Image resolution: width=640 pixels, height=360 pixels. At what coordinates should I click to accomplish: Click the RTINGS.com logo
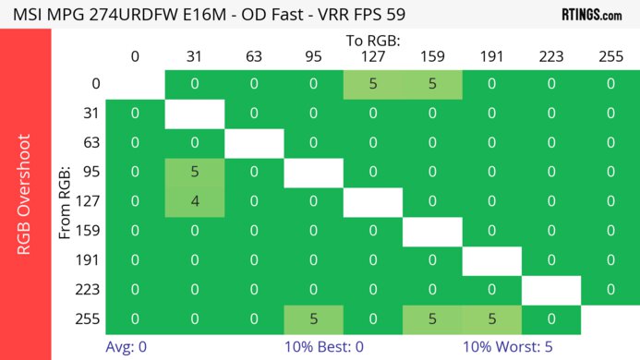click(591, 15)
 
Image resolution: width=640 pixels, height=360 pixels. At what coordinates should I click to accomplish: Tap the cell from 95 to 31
click(194, 173)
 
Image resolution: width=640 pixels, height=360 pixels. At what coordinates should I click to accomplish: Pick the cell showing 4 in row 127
click(194, 202)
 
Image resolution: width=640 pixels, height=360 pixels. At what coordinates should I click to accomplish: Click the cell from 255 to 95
click(313, 319)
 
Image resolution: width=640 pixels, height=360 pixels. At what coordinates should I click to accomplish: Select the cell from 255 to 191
click(491, 319)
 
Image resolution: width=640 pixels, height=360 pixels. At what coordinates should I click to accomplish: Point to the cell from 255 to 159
click(432, 319)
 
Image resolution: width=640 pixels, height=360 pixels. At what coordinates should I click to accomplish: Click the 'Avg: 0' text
click(127, 347)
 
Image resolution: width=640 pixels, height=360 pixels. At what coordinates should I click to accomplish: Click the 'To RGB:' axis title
click(372, 41)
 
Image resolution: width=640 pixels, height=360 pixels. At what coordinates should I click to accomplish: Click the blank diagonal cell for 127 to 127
click(372, 202)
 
